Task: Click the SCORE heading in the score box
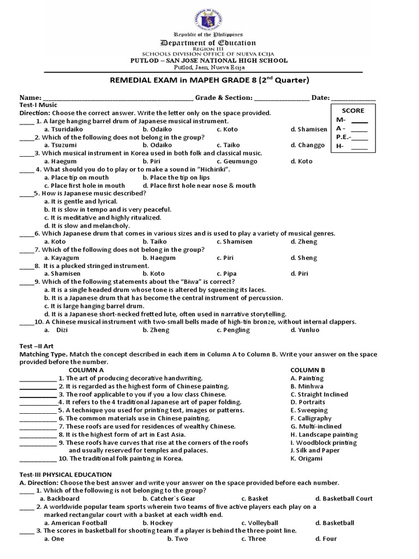click(x=352, y=110)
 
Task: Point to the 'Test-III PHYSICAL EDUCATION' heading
click(x=65, y=474)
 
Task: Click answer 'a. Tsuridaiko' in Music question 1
click(x=63, y=129)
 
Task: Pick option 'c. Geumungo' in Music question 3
click(x=235, y=162)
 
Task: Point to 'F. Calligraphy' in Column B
click(x=311, y=418)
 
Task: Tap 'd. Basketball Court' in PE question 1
click(x=344, y=498)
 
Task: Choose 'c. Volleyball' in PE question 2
click(x=260, y=523)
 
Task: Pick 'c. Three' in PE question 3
click(x=254, y=539)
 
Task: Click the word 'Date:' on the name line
click(x=321, y=98)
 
